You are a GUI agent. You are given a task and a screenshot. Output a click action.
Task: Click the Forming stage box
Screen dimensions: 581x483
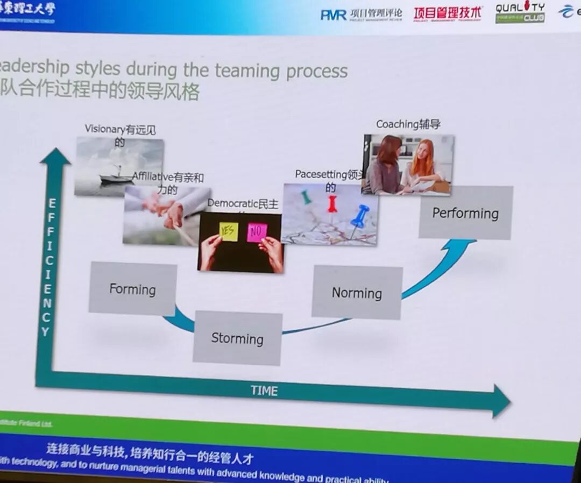pyautogui.click(x=132, y=289)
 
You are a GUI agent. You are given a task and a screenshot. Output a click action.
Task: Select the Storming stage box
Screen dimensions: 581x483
pyautogui.click(x=237, y=338)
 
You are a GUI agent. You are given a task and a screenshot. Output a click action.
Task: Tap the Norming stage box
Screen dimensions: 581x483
pyautogui.click(x=357, y=293)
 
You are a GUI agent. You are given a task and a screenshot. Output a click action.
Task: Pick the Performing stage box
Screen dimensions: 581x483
pyautogui.click(x=465, y=213)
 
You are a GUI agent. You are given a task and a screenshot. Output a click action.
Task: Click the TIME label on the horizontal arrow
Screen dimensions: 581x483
pyautogui.click(x=264, y=391)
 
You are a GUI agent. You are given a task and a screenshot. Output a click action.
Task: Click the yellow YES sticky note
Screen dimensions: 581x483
pyautogui.click(x=228, y=232)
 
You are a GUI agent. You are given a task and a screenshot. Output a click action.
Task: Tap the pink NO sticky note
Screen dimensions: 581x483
pyautogui.click(x=257, y=232)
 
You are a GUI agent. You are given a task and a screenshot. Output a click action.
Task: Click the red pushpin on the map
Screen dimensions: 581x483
pyautogui.click(x=332, y=204)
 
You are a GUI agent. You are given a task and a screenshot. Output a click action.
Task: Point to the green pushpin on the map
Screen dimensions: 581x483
pyautogui.click(x=306, y=197)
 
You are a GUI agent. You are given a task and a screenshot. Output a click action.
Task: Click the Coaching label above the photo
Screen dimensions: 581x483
pyautogui.click(x=408, y=124)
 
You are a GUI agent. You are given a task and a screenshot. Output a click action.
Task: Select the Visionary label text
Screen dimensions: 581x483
pyautogui.click(x=105, y=129)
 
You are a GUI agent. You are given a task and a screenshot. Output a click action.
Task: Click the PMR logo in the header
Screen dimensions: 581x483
pyautogui.click(x=334, y=15)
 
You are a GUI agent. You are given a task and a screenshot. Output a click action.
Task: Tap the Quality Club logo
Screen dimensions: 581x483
pyautogui.click(x=520, y=12)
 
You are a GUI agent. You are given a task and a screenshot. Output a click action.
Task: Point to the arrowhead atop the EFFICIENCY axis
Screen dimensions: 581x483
pyautogui.click(x=55, y=157)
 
